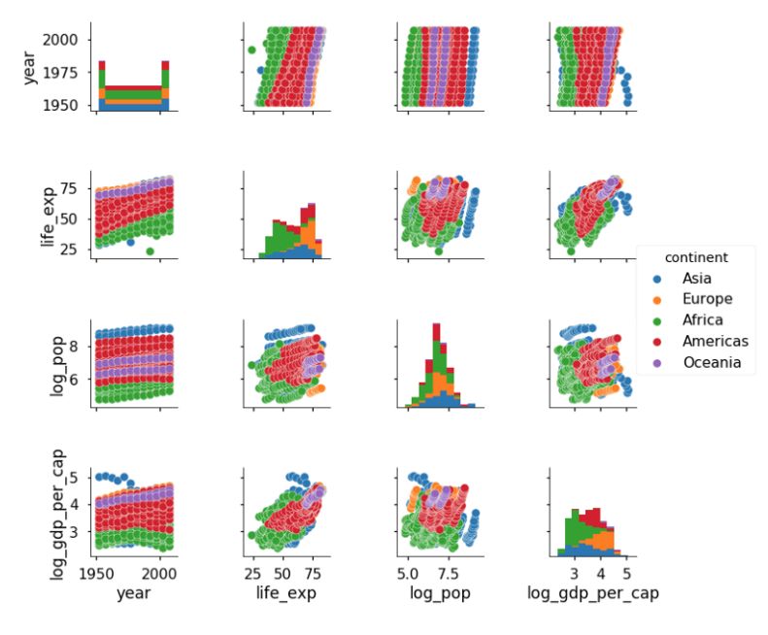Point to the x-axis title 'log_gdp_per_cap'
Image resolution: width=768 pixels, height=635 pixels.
pyautogui.click(x=591, y=592)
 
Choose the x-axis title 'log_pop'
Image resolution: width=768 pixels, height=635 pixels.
pyautogui.click(x=440, y=592)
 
